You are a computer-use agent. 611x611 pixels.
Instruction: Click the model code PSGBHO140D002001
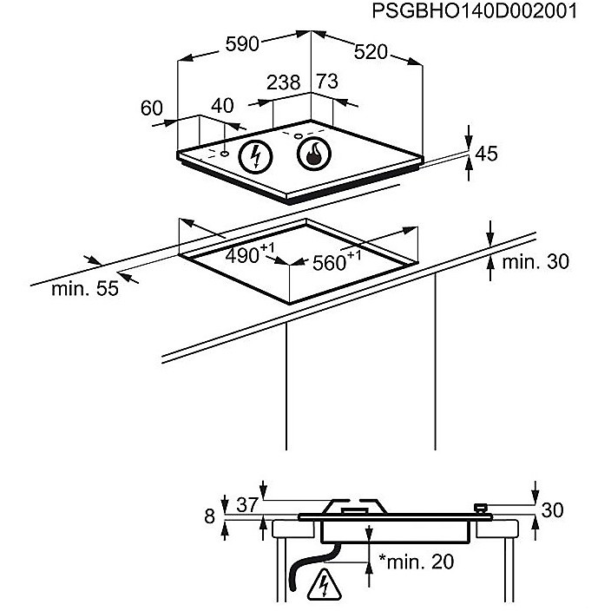[x=474, y=11]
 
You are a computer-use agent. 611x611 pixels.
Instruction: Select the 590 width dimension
[x=242, y=44]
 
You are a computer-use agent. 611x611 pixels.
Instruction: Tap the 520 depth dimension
[x=371, y=52]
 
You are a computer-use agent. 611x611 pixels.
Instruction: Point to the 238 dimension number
[x=283, y=82]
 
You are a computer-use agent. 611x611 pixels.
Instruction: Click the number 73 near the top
[x=327, y=82]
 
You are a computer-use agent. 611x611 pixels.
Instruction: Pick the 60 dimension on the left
[x=152, y=108]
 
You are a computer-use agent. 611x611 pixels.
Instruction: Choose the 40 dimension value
[x=222, y=106]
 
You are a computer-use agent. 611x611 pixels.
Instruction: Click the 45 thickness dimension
[x=486, y=154]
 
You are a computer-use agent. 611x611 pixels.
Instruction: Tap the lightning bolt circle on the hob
[x=256, y=156]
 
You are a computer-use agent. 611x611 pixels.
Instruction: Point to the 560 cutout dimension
[x=337, y=260]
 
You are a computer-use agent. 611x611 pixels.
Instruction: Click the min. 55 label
[x=85, y=289]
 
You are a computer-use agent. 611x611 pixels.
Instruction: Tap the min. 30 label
[x=535, y=261]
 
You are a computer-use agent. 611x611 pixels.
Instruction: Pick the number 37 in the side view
[x=247, y=505]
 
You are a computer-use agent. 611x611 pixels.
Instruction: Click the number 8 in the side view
[x=210, y=516]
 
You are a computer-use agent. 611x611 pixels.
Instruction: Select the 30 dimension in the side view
[x=552, y=510]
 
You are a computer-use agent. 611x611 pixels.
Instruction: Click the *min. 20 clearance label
[x=417, y=562]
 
